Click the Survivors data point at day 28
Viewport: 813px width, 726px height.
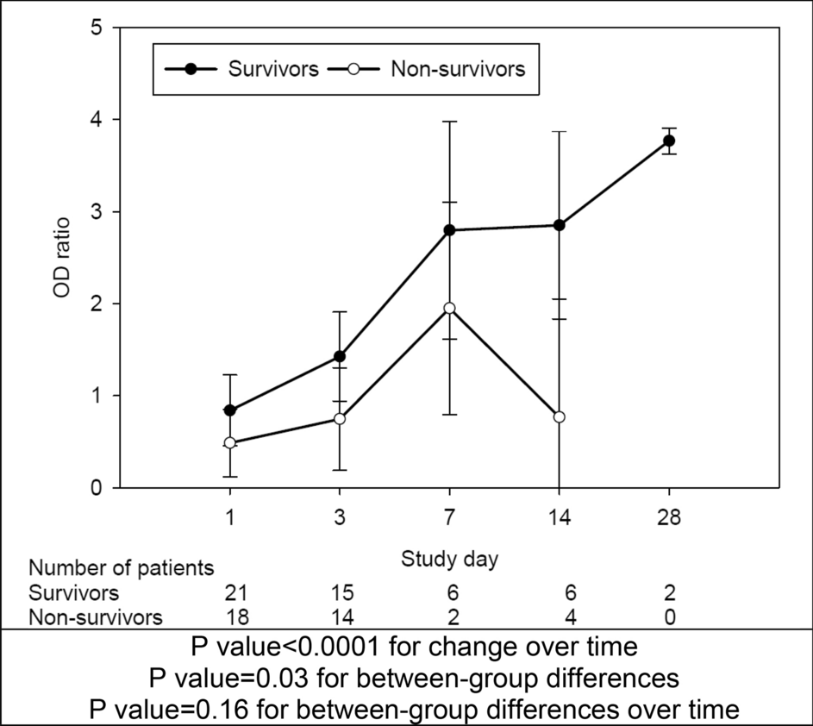[669, 141]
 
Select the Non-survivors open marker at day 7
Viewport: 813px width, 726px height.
[449, 308]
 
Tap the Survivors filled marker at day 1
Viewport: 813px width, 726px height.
[229, 410]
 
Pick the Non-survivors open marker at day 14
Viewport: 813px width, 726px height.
[559, 416]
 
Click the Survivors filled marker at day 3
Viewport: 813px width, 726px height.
[339, 356]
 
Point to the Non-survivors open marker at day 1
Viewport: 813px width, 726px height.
[229, 442]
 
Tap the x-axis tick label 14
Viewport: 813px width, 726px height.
[559, 519]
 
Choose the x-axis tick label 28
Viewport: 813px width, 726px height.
[669, 519]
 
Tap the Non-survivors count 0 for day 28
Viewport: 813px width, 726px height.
[669, 616]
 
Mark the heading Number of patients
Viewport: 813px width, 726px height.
[121, 568]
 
